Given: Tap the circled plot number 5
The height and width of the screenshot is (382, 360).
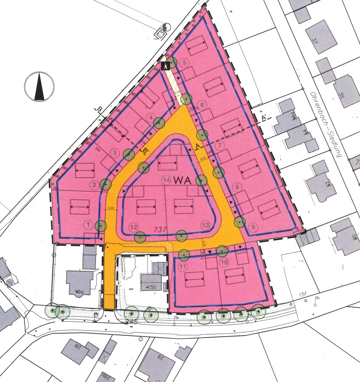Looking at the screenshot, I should click(x=184, y=63).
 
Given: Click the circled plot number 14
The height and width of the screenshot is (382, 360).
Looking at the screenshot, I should click(x=167, y=180).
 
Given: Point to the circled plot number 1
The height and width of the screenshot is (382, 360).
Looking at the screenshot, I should click(x=88, y=224).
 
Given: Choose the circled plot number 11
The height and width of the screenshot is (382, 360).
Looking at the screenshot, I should click(x=183, y=267).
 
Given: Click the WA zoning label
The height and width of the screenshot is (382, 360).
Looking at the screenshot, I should click(x=183, y=180).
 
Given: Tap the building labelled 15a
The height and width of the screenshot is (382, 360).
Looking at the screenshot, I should click(x=79, y=291).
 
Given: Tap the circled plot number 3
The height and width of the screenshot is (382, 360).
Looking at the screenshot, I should click(x=114, y=152).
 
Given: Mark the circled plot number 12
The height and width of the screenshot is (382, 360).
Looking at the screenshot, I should click(x=134, y=226).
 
